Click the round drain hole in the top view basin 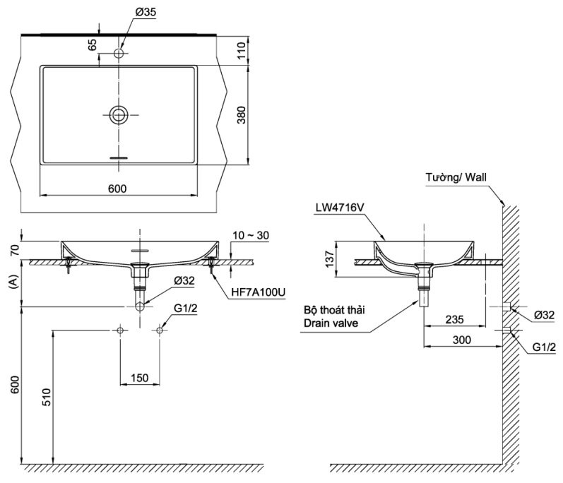(x=119, y=114)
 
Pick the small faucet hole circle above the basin (x=119, y=54)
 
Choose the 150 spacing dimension (x=140, y=378)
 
